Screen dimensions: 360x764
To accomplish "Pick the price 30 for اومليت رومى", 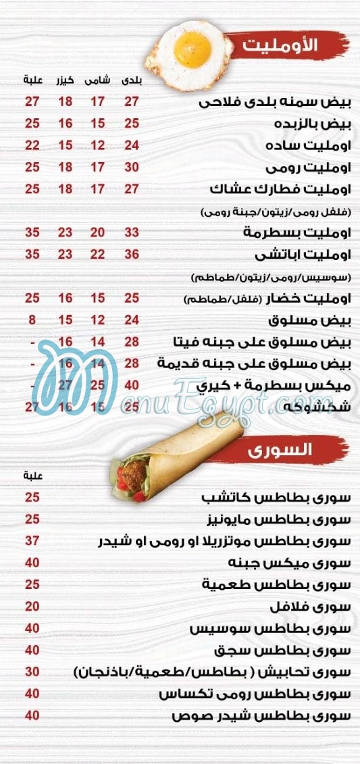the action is tap(131, 167).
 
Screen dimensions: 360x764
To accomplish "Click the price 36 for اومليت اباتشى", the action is tap(131, 255).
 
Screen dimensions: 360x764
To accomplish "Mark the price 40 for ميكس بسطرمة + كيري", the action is tap(131, 385).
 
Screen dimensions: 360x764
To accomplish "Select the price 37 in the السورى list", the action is tap(32, 542).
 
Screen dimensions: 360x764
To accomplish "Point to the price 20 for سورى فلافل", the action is tap(32, 607).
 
